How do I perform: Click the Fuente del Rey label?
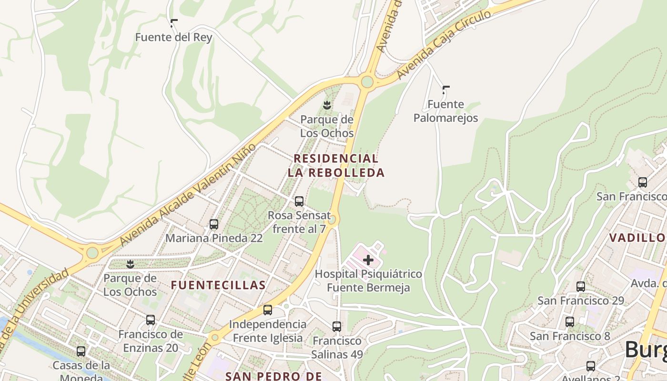click(173, 37)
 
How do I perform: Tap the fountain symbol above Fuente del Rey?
click(174, 22)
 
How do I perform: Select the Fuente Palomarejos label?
click(445, 111)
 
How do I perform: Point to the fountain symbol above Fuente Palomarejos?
click(446, 89)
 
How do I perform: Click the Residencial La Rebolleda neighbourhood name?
click(336, 165)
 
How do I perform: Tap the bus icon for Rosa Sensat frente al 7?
click(299, 201)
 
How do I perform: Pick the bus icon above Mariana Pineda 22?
click(214, 224)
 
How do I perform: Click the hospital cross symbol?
click(368, 260)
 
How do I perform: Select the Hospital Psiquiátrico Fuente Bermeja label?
click(368, 281)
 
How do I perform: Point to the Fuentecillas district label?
click(218, 285)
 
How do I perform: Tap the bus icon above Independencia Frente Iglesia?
click(268, 310)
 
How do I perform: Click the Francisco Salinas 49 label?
click(337, 348)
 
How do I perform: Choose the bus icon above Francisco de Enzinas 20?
click(151, 320)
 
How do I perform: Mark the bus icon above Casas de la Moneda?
click(81, 351)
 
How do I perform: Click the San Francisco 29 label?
click(580, 301)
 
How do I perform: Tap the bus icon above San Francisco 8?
click(570, 322)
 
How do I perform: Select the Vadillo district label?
click(637, 237)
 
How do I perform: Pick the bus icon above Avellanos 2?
click(591, 366)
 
